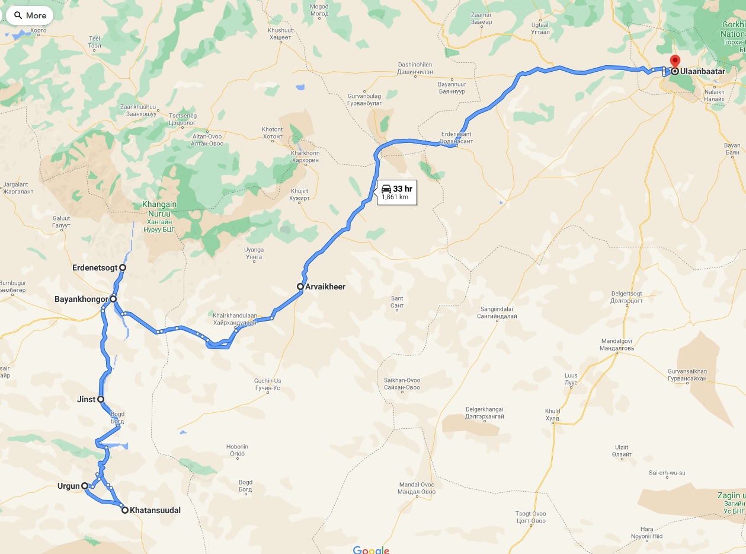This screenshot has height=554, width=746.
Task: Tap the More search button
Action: point(30,15)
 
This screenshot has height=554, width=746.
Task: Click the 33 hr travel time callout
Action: point(396,192)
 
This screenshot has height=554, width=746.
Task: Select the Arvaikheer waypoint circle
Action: point(300,286)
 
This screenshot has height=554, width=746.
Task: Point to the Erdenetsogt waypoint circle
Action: point(123,268)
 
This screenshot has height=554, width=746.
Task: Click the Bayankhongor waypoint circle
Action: point(113,299)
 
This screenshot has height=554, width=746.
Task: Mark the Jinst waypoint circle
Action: point(101,399)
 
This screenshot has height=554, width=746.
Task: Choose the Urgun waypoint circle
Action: point(85,486)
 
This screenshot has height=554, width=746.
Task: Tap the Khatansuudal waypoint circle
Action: point(124,510)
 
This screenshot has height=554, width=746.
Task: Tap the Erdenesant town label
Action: point(457,138)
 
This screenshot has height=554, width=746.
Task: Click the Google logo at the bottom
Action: point(371,549)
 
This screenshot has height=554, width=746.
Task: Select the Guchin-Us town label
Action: point(267,384)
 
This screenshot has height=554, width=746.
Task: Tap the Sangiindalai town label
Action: point(497,313)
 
